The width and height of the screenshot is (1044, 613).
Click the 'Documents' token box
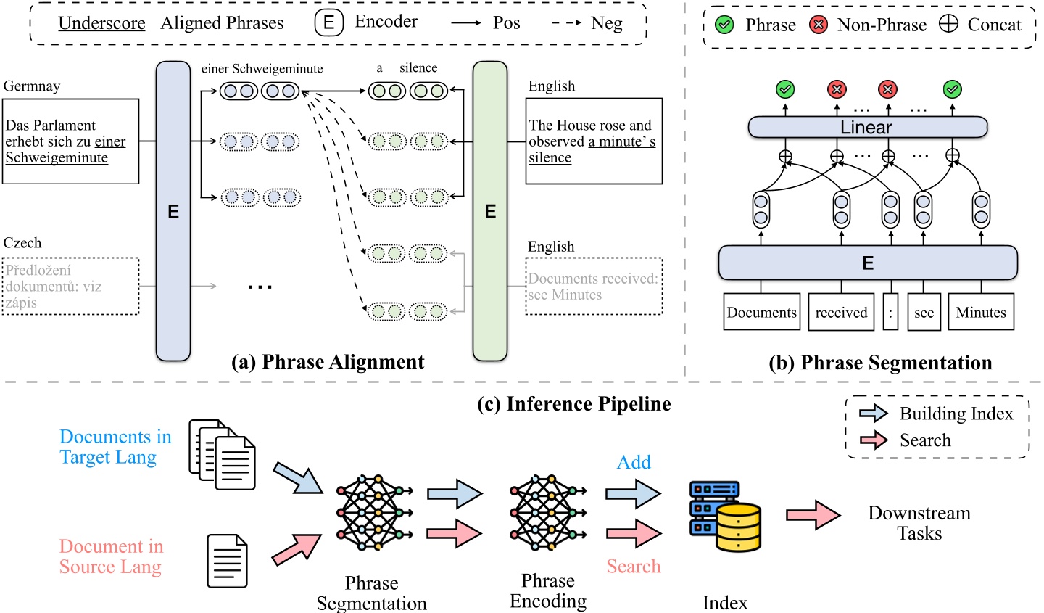(761, 313)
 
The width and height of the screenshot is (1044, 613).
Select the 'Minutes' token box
(980, 313)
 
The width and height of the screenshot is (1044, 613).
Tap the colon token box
(890, 313)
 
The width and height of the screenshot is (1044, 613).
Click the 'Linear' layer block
(867, 127)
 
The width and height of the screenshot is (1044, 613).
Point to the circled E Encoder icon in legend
(328, 23)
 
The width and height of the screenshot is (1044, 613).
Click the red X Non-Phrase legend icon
(819, 25)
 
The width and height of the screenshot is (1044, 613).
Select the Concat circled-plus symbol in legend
(948, 24)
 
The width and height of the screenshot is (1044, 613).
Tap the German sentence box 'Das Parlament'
(70, 141)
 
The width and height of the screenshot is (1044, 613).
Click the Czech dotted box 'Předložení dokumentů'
(70, 286)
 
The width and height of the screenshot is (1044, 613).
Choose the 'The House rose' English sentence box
(594, 141)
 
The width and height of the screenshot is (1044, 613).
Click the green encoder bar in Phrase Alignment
(490, 211)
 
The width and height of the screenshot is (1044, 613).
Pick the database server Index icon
(724, 516)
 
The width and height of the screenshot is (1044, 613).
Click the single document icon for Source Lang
(227, 561)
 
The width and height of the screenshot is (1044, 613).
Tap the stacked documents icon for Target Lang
(223, 454)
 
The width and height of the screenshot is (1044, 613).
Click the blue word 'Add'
(634, 462)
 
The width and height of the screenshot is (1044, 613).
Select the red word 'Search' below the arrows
(634, 567)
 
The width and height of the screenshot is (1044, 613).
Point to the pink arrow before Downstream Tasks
(813, 516)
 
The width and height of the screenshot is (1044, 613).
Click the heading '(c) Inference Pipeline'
(574, 404)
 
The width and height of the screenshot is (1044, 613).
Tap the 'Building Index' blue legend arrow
(873, 414)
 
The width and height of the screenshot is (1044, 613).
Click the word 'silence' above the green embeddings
(418, 68)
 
